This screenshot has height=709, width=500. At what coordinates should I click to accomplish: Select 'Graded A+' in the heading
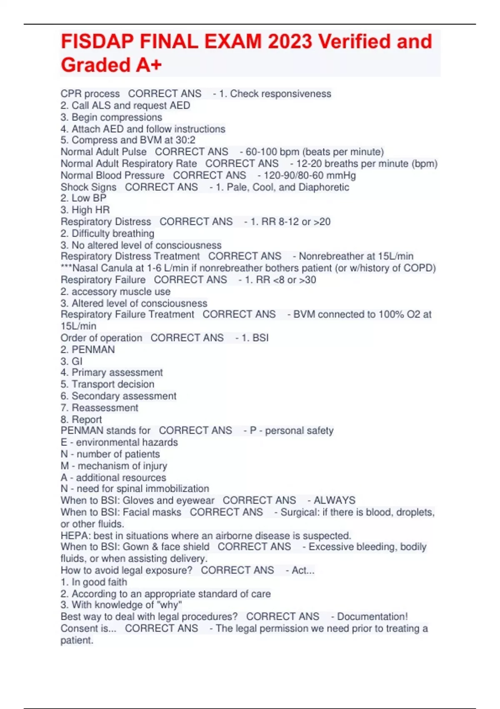coord(111,65)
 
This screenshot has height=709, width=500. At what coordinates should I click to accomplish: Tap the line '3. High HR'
coord(85,210)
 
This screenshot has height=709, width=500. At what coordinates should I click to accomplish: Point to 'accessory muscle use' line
coord(121,292)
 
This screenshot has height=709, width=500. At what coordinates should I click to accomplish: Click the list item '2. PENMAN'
coord(88,349)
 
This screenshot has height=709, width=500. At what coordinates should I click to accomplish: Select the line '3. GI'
coord(72,361)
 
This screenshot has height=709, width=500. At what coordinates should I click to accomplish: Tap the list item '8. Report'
coord(81,419)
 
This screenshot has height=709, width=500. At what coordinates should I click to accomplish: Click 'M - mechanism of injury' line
coord(114,465)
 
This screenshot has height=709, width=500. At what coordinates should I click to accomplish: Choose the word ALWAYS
coord(335,500)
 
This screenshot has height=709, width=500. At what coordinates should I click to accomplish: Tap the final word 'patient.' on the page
coord(77,640)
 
